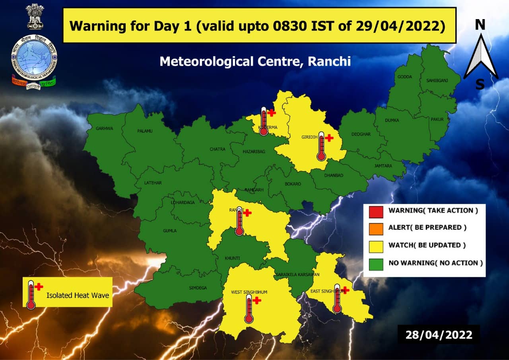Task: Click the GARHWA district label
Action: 105,128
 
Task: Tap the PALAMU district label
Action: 145,131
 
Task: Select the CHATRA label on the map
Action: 217,150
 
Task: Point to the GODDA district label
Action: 405,77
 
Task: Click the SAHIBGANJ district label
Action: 437,80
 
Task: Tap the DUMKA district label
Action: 392,120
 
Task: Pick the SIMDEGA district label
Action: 198,288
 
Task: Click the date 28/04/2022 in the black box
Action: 439,335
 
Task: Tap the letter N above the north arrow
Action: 480,25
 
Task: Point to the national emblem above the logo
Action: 35,16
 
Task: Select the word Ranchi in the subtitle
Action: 330,61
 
